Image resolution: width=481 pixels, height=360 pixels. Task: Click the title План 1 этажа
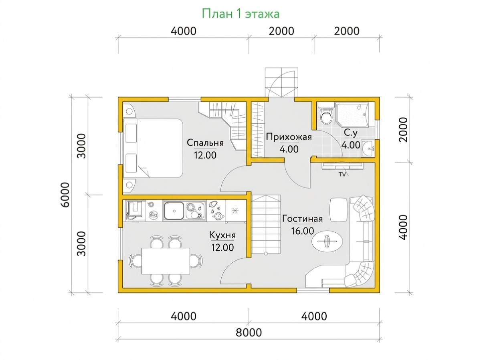pos(240,14)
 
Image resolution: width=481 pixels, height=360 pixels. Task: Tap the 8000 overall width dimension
pos(249,333)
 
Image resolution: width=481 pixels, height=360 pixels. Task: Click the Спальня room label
pos(205,143)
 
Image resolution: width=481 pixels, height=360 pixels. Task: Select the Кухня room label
pos(222,235)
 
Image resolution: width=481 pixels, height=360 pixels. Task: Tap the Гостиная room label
pos(302,219)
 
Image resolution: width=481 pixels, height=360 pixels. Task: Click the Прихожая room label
pos(289,137)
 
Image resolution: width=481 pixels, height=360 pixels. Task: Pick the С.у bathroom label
pos(351,133)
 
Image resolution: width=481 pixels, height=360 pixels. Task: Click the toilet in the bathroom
pos(326,114)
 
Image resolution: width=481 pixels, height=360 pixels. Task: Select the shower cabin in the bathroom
pos(352,115)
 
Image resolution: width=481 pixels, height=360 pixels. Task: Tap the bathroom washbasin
pos(368,149)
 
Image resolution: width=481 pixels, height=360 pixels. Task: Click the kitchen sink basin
pos(174,211)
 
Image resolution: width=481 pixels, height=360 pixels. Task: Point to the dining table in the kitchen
pos(166,261)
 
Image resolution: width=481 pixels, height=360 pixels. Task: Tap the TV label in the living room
pos(342,175)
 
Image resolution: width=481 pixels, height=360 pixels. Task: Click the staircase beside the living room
pos(266,224)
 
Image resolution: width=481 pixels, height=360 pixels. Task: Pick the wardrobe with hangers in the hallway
pos(257,130)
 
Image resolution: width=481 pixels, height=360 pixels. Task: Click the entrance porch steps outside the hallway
pos(281,82)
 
